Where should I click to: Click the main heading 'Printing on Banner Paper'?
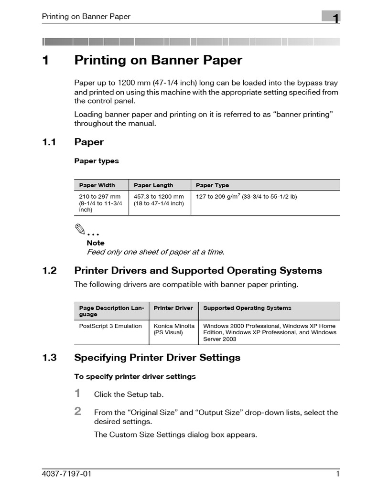pos(158,61)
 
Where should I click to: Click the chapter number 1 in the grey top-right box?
pos(336,19)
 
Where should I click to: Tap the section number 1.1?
pos(49,142)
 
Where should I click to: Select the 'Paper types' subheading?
pos(97,161)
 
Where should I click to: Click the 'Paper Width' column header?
pos(97,185)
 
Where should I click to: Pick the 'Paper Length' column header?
pos(153,185)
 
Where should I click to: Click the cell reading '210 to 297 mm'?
pos(100,196)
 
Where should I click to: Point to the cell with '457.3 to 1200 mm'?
pos(159,196)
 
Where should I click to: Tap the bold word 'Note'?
pos(96,243)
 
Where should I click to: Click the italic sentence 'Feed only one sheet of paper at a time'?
pos(155,252)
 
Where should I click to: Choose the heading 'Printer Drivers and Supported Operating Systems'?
pos(198,271)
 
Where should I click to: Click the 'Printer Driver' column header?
pos(173,308)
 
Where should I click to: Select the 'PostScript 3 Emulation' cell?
pos(110,326)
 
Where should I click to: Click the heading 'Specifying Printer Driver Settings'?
pos(157,358)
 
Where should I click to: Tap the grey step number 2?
pos(78,411)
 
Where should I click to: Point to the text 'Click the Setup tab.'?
pos(129,394)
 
